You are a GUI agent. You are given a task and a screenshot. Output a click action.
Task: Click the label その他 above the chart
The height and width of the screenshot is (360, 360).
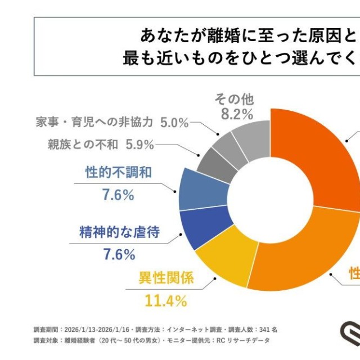234,100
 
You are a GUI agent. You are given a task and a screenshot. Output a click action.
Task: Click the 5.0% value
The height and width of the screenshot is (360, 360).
174,122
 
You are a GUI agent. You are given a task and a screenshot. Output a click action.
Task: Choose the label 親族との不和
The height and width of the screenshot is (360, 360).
83,145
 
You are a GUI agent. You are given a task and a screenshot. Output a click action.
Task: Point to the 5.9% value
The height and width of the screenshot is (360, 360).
140,145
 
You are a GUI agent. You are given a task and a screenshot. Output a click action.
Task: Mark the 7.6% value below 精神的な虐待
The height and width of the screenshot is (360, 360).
119,254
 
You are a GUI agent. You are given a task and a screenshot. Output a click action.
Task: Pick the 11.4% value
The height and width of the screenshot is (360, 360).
165,301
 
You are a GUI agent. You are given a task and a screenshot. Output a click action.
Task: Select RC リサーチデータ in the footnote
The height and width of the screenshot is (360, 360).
244,340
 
